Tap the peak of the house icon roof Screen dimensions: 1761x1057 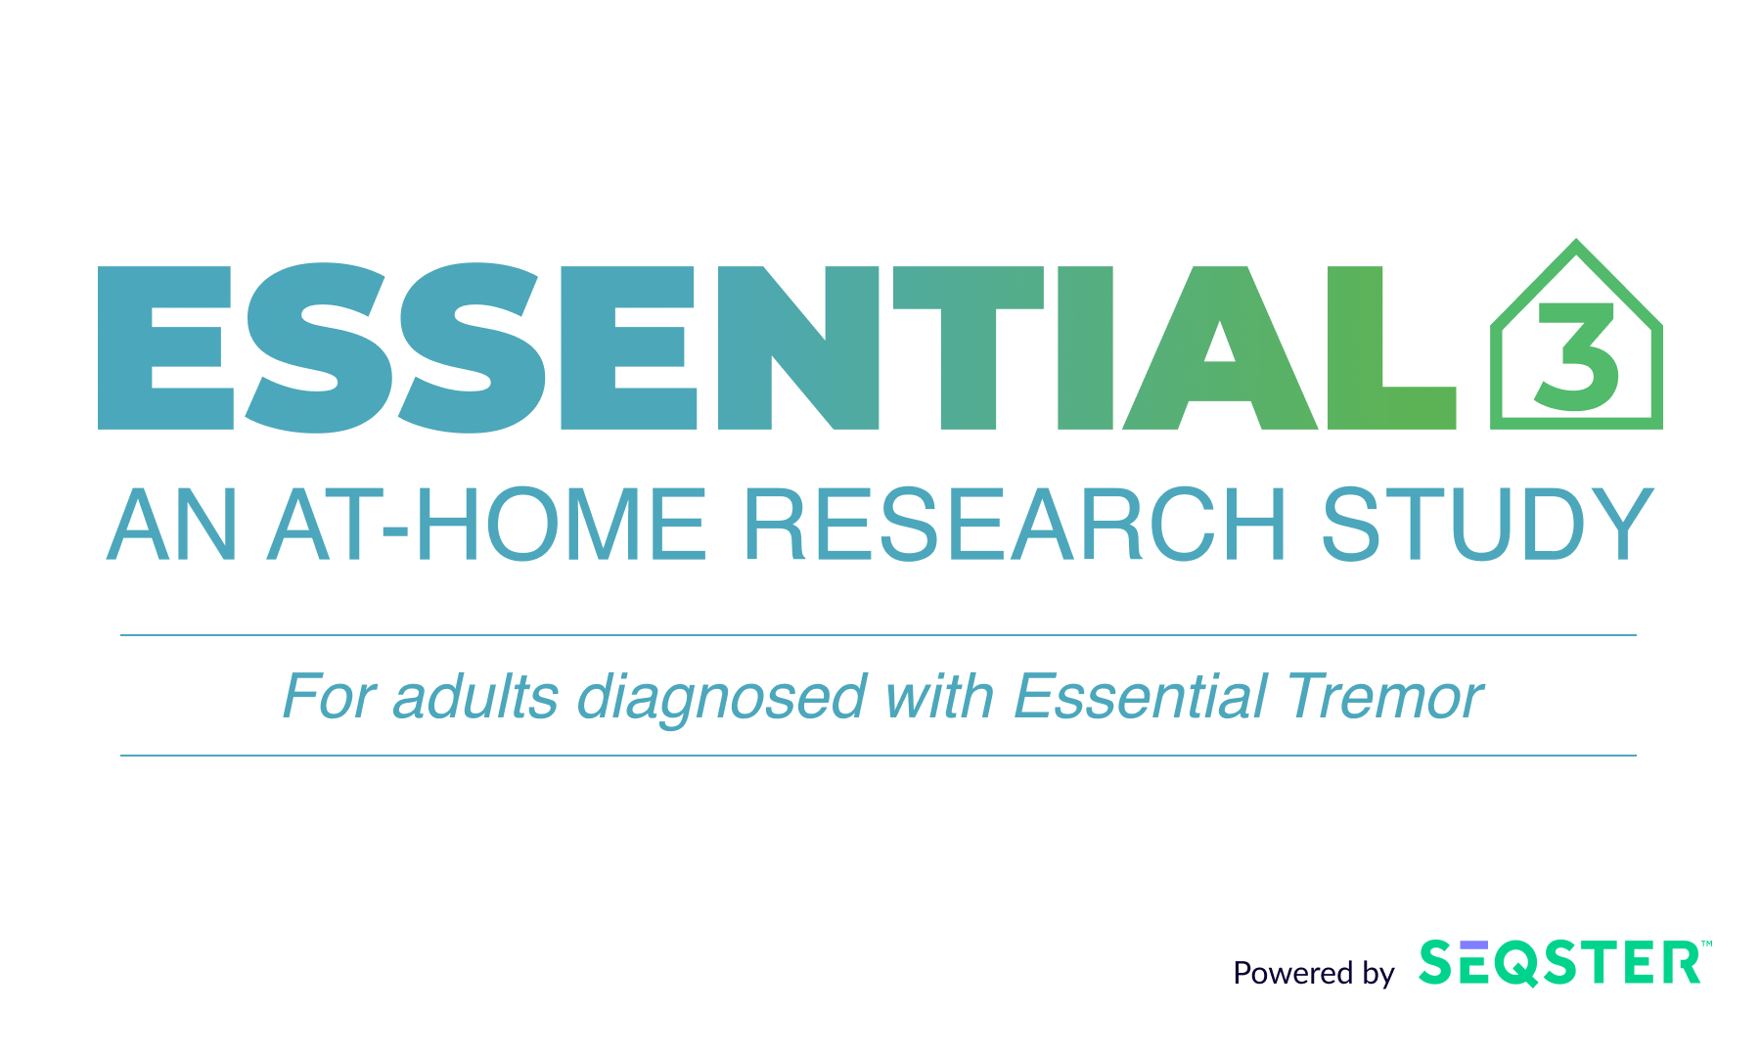[x=1576, y=240]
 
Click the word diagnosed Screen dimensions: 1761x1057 [x=721, y=699]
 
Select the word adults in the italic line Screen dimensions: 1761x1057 [x=475, y=697]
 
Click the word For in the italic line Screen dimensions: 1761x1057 [x=328, y=697]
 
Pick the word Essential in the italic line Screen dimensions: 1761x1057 [x=1140, y=697]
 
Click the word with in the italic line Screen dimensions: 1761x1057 [x=939, y=697]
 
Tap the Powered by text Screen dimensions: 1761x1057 [x=1313, y=973]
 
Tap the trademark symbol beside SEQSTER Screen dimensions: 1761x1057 [x=1706, y=944]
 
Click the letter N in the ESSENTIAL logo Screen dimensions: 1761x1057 [x=797, y=348]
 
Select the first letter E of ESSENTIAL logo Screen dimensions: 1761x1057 [x=166, y=348]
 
